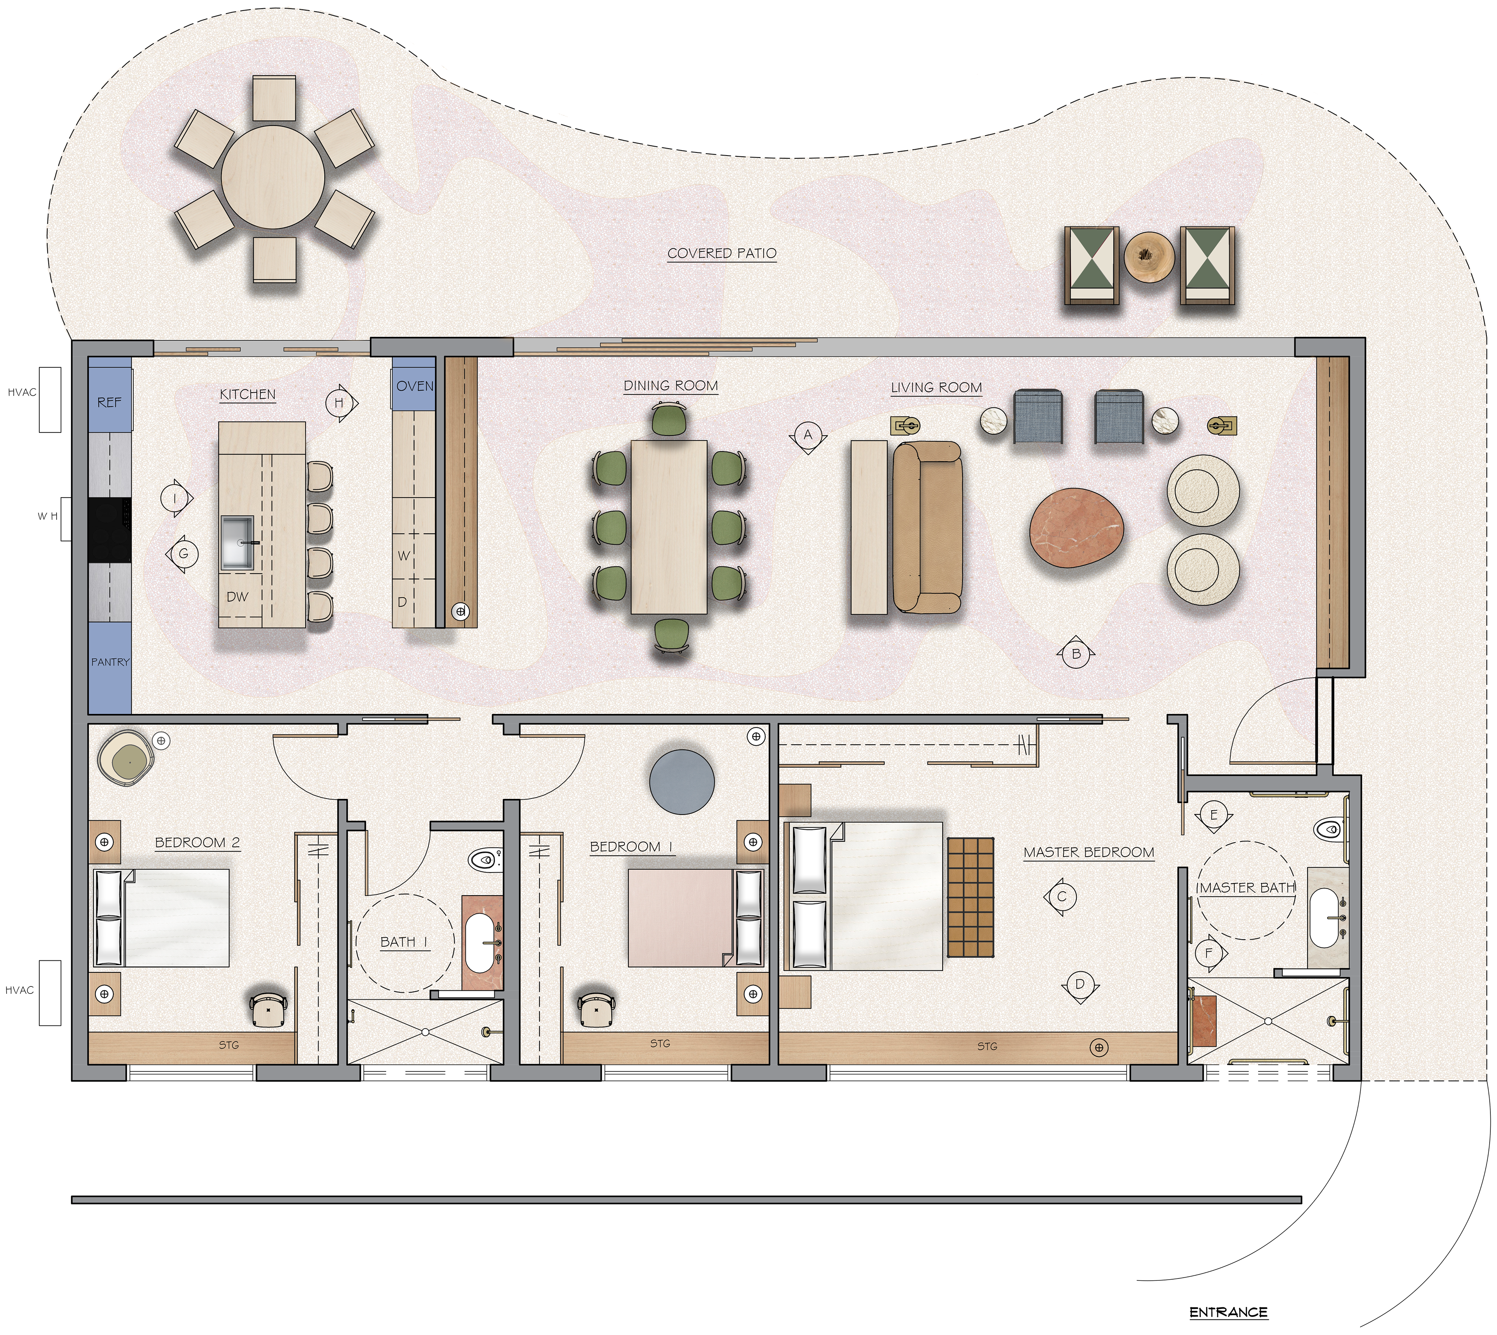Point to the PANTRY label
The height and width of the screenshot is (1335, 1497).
coord(110,662)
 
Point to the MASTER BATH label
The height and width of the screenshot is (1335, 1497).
coord(1246,887)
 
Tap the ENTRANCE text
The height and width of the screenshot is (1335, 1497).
coord(1228,1312)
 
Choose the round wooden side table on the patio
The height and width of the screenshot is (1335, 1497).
coord(1149,256)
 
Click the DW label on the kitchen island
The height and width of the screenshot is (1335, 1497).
coord(237,597)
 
